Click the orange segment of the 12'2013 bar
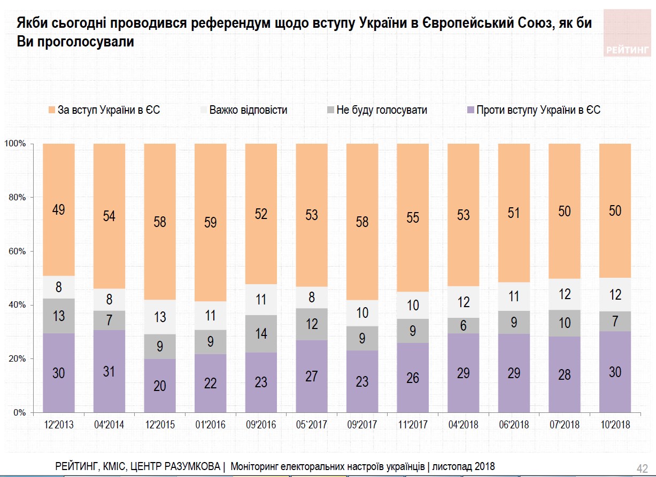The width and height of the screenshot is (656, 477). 58,209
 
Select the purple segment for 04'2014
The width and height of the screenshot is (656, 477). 109,371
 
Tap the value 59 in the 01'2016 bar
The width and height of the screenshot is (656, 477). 210,222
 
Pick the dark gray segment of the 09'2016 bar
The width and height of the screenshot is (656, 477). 261,334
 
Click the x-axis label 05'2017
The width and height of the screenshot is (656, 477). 312,425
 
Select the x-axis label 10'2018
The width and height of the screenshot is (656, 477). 615,425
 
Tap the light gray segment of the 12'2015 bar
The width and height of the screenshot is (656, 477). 160,317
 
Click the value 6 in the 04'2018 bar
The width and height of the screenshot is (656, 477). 464,325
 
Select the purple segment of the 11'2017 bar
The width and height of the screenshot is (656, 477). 413,378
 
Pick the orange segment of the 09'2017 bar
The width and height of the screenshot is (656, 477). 362,222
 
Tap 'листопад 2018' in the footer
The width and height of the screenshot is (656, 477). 464,466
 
